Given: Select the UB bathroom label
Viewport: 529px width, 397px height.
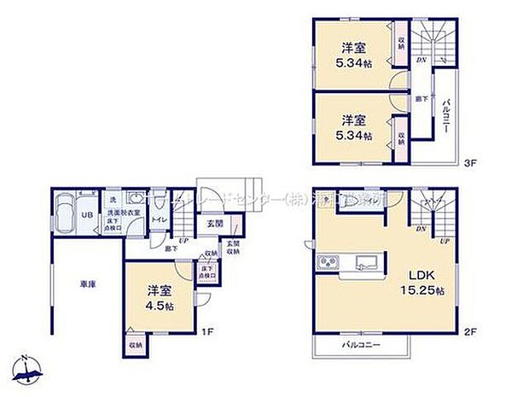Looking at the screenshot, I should [x=86, y=215].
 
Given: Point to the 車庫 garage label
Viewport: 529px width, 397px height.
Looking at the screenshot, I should [x=87, y=283].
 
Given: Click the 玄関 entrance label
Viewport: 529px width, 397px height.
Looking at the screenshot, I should [x=214, y=225].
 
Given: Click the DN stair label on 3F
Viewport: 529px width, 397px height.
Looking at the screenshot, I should [x=421, y=60].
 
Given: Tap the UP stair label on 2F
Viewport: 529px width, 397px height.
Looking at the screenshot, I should [x=444, y=241].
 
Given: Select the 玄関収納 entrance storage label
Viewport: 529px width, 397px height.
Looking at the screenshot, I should [x=231, y=248].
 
